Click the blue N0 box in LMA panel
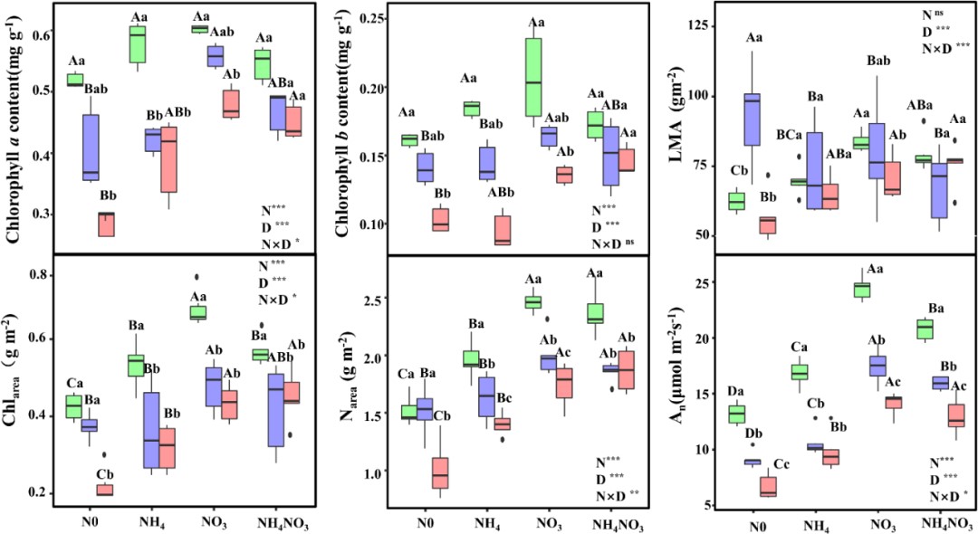[x=750, y=119]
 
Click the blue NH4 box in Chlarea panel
[x=152, y=430]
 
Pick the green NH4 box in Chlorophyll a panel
[x=138, y=45]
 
